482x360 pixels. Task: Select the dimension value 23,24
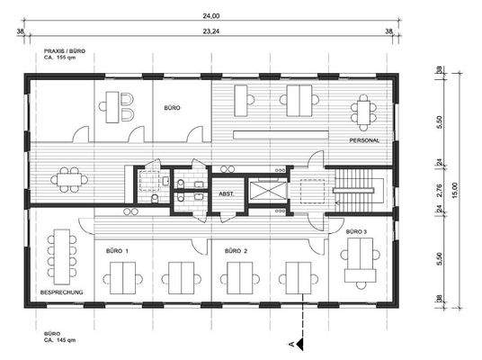pos(208,31)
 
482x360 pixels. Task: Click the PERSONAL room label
pos(364,141)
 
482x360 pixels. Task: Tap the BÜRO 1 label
pos(118,249)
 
